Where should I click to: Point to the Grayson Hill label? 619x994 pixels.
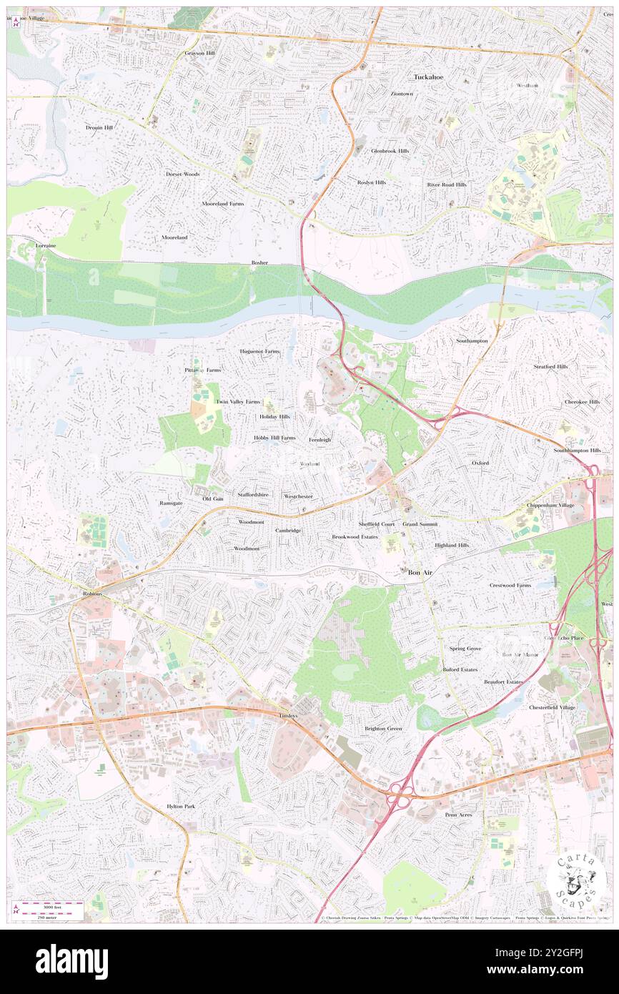click(x=199, y=53)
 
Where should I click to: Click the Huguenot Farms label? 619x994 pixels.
click(x=259, y=352)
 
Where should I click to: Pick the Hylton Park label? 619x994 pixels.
click(x=181, y=806)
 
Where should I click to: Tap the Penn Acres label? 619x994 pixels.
click(x=458, y=815)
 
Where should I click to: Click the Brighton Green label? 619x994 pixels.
click(x=383, y=729)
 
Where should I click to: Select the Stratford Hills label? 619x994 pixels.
click(x=550, y=366)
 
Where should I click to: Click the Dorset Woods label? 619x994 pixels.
click(x=183, y=174)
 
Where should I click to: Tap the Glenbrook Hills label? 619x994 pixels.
click(x=390, y=151)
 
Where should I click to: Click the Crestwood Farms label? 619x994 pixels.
click(x=510, y=585)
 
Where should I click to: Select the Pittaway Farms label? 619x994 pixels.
click(x=202, y=370)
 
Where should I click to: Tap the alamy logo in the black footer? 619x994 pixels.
click(x=71, y=962)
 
